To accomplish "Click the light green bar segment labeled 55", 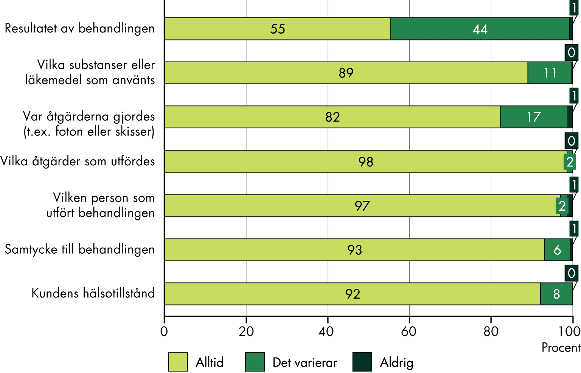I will click(x=277, y=29).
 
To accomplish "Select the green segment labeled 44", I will click(x=480, y=29).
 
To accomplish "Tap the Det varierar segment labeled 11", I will click(x=550, y=73).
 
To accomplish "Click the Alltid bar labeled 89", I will click(x=346, y=73).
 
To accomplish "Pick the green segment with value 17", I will click(x=534, y=117).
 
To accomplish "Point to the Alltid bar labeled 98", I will click(x=365, y=162).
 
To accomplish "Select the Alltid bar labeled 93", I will click(x=354, y=250).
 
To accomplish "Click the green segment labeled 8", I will click(x=556, y=294).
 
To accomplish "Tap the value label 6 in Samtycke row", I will click(x=557, y=250).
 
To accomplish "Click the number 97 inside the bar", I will click(x=362, y=206).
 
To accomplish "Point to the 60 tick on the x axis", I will click(x=409, y=331).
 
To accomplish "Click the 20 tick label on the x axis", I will click(x=246, y=331).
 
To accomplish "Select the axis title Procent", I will click(x=561, y=347).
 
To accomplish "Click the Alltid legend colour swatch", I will click(x=178, y=362).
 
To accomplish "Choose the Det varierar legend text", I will click(x=304, y=362).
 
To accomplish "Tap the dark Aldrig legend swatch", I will click(x=362, y=362).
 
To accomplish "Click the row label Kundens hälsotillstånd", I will click(x=93, y=293).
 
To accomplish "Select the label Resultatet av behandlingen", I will click(x=79, y=29).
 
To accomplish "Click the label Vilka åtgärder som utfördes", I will click(x=78, y=162).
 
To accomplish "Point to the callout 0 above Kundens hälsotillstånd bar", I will click(x=571, y=273).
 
